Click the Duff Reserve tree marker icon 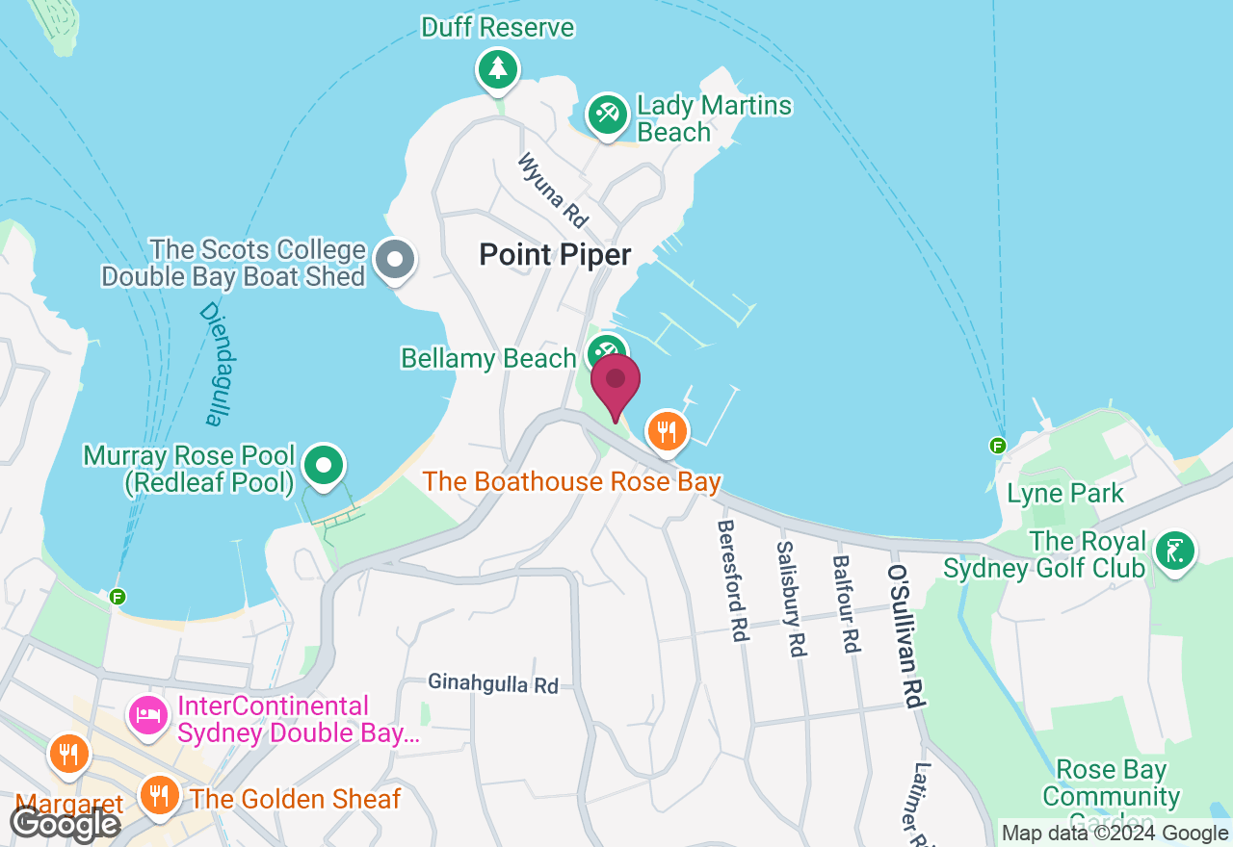[497, 68]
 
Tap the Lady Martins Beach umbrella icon [607, 115]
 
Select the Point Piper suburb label [555, 255]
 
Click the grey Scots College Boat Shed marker [394, 259]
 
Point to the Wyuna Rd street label [553, 191]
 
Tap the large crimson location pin [616, 383]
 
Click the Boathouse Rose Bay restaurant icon [667, 429]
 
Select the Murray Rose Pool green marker [325, 466]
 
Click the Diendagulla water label [218, 364]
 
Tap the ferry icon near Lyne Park [998, 445]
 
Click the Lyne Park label [1064, 494]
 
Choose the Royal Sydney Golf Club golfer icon [1175, 552]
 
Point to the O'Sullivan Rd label [907, 635]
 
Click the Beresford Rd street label [733, 580]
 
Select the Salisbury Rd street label [791, 598]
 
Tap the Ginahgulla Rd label [493, 685]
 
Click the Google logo [65, 824]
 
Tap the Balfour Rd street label [846, 603]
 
